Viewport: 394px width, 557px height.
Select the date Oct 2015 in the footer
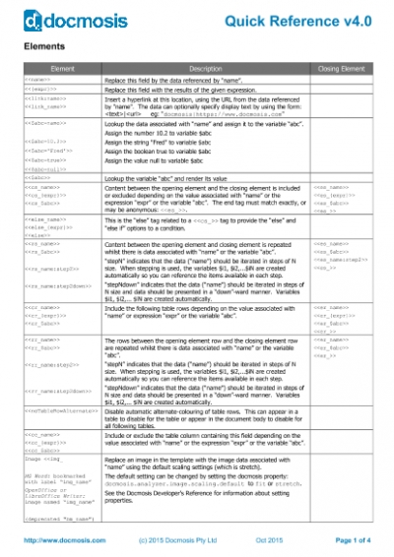(x=268, y=540)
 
